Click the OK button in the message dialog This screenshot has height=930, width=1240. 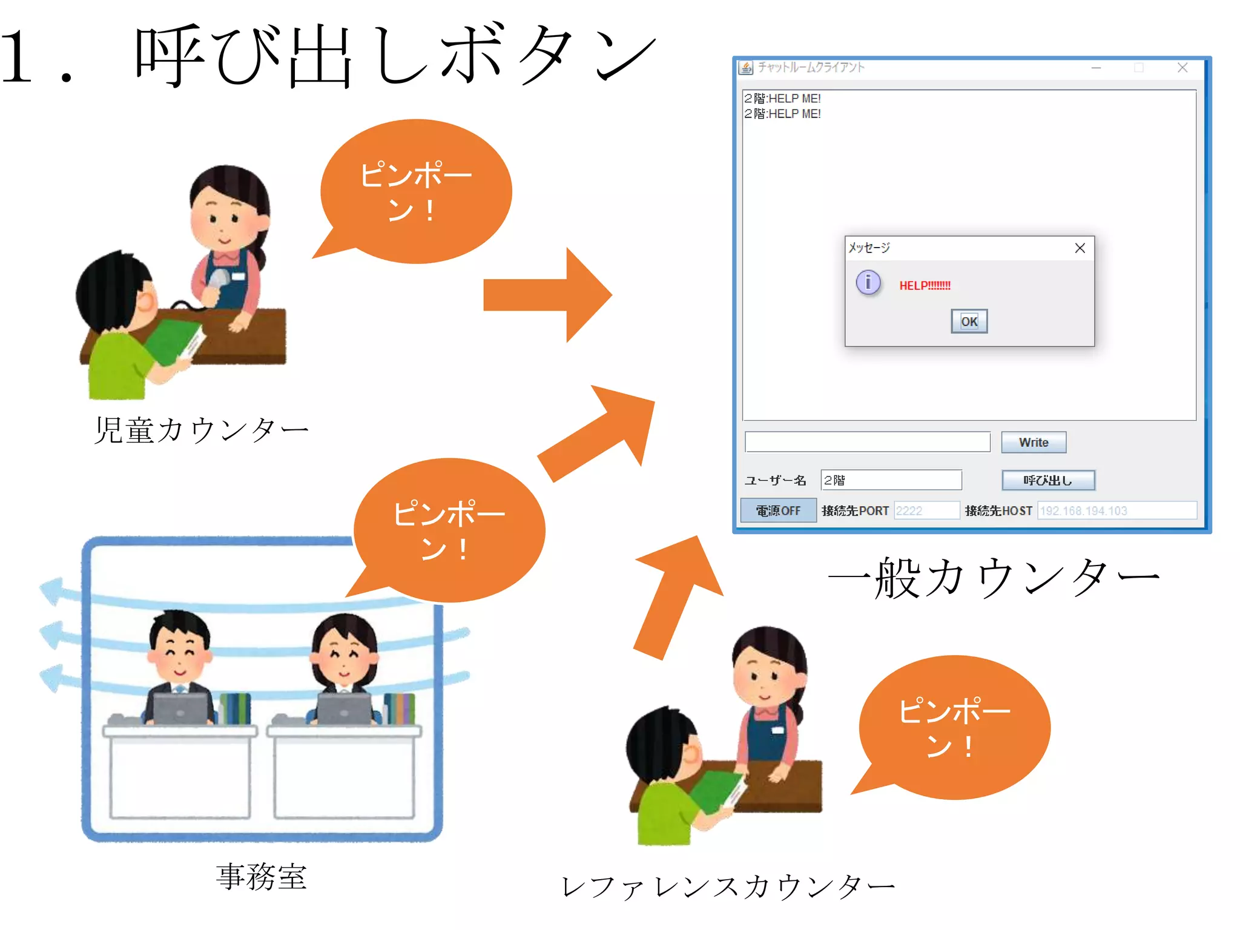[x=969, y=321]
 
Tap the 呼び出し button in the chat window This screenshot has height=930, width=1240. [x=1048, y=480]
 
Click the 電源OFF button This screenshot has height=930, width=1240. [x=778, y=510]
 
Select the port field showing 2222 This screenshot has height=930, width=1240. [x=926, y=510]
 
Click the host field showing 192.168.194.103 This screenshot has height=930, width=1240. [x=1116, y=510]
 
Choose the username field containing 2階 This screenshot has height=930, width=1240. [x=891, y=480]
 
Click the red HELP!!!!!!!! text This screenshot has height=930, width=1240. [x=925, y=286]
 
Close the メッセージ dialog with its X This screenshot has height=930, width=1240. [x=1080, y=248]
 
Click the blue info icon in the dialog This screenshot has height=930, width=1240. [x=868, y=282]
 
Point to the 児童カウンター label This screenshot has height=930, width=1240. [x=201, y=430]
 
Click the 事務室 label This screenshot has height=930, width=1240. [x=262, y=877]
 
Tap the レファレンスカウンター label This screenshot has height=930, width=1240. [x=728, y=888]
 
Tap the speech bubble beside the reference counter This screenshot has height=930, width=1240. [x=954, y=727]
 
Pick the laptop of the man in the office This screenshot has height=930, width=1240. [x=180, y=708]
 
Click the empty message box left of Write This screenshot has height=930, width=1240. [x=867, y=442]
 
